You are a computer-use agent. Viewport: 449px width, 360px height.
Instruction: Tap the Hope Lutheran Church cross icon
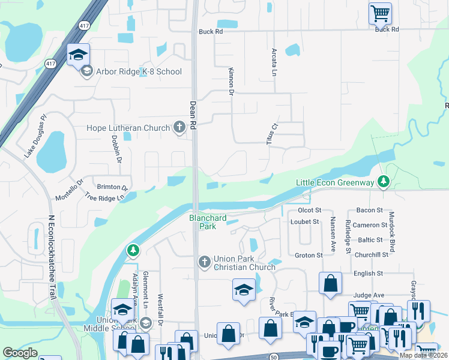coord(179,127)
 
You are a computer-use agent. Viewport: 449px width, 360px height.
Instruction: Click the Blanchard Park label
coord(202,223)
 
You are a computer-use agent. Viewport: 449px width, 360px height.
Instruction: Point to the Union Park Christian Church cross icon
coord(204,260)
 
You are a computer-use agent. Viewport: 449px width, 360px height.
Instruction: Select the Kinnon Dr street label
coord(231,81)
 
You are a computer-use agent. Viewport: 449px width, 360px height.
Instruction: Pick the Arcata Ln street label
coord(274,62)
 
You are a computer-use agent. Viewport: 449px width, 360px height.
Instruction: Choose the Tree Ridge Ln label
coord(107,197)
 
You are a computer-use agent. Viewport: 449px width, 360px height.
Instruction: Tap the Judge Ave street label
coord(369,295)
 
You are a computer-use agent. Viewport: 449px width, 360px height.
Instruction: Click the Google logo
coord(20,353)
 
